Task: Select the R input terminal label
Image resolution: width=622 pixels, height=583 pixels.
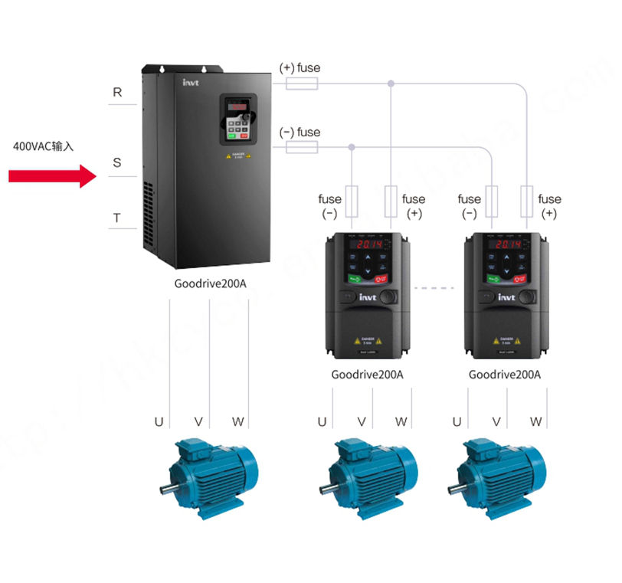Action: tap(117, 92)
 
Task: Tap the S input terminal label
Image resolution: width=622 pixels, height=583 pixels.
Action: tap(117, 162)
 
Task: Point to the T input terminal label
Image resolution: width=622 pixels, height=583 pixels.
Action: tap(117, 218)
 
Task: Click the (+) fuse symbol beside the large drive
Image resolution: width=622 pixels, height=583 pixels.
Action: tap(302, 83)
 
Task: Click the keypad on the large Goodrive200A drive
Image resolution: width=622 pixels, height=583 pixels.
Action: tap(238, 120)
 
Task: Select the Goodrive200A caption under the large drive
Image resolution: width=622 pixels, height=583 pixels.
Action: tap(211, 284)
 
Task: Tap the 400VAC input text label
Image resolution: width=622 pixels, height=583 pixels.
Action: tap(43, 145)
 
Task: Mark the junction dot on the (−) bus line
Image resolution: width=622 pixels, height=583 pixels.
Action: tap(352, 147)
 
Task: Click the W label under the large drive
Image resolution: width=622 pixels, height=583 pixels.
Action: tap(238, 421)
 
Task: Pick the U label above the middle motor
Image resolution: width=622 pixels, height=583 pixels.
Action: tap(322, 421)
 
